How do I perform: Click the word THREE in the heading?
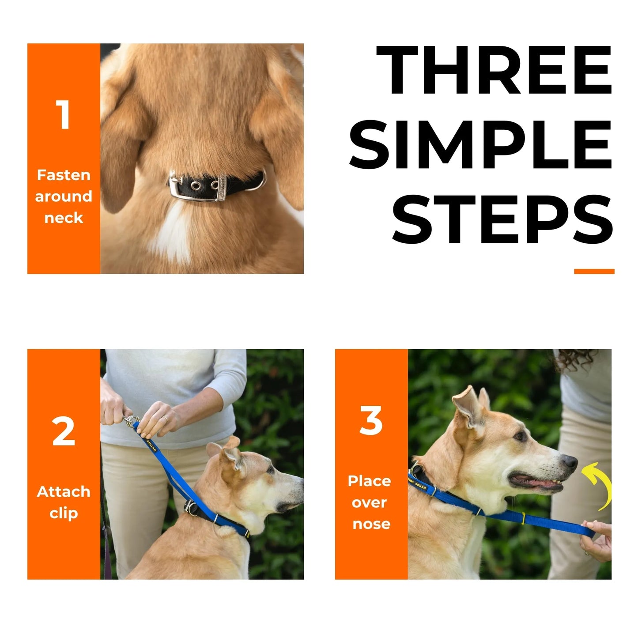click(x=494, y=70)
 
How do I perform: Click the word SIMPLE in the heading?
click(x=480, y=145)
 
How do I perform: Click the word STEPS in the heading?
click(x=502, y=219)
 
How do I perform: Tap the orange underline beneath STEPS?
click(x=594, y=271)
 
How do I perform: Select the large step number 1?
click(x=64, y=115)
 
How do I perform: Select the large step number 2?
click(x=64, y=431)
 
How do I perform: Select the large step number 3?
click(x=371, y=421)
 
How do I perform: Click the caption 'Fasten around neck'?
click(x=64, y=196)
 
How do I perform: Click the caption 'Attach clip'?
click(x=64, y=502)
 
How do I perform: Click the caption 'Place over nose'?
click(x=370, y=502)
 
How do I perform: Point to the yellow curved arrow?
click(x=599, y=484)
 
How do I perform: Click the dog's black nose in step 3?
click(x=570, y=462)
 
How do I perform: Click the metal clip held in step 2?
click(x=130, y=421)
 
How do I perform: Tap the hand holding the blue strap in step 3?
click(x=597, y=539)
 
